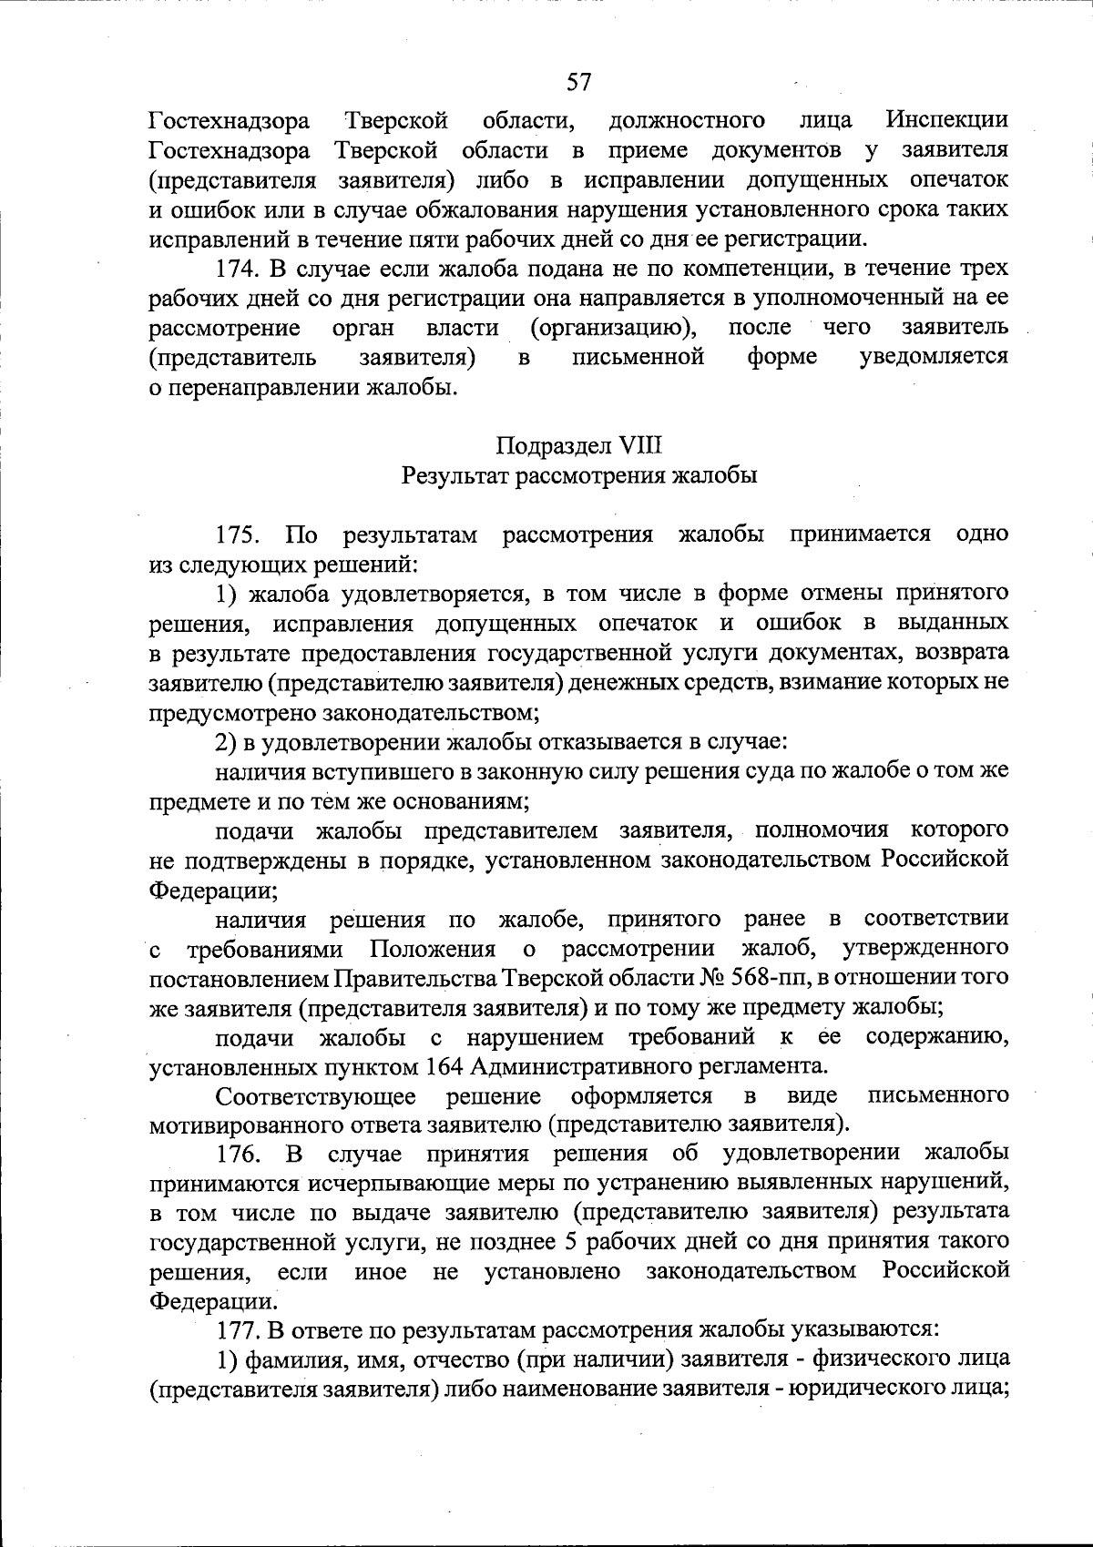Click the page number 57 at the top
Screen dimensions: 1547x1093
point(579,83)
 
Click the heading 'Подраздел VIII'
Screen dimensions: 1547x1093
point(579,446)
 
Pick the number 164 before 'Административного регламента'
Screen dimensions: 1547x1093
point(443,1065)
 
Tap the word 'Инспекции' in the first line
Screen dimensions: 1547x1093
point(947,120)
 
